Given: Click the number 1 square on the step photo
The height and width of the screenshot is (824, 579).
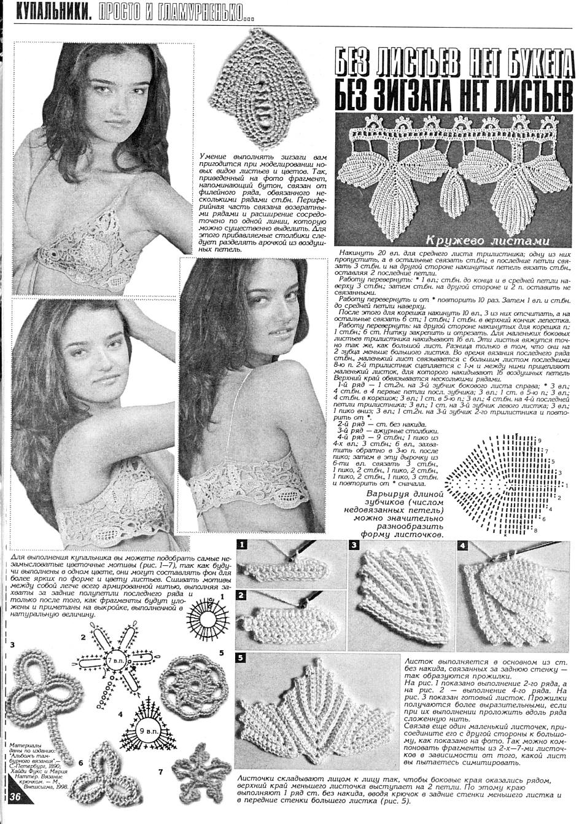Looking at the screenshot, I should [243, 544].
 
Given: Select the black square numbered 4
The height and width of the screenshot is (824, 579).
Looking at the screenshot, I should [462, 545].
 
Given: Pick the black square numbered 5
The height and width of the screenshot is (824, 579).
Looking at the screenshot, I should [243, 657].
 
